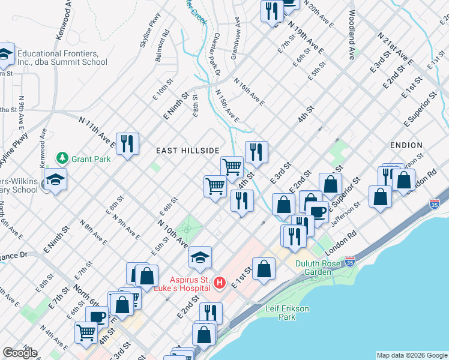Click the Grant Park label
point(88,159)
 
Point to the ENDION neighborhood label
point(406,145)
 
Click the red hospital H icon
point(220,283)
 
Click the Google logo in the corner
point(20,353)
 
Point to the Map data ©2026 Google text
point(411,355)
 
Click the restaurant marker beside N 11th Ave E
point(127,143)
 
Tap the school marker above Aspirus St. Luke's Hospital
point(200,257)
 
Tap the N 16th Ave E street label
point(249,91)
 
